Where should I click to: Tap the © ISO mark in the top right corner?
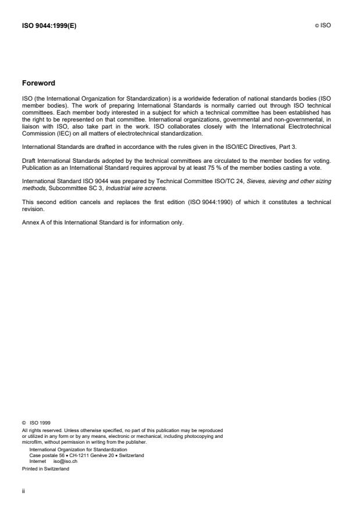[x=323, y=26]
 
